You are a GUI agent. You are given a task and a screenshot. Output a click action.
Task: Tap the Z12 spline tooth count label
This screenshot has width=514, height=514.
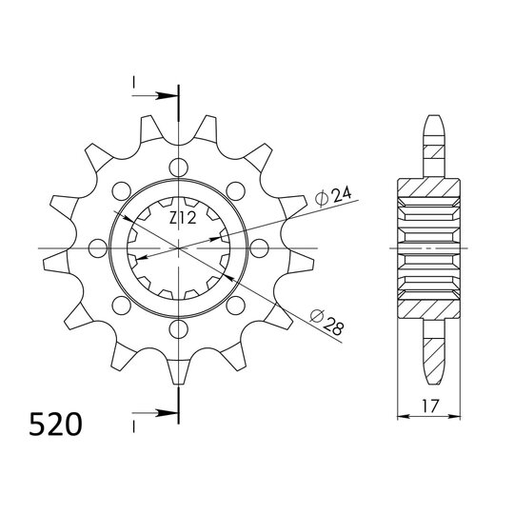coord(183,219)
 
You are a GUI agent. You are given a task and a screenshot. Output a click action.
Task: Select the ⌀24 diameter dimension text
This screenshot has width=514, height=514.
coord(334,196)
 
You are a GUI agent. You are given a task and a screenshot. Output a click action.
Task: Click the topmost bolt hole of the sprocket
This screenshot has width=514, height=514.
coord(178,169)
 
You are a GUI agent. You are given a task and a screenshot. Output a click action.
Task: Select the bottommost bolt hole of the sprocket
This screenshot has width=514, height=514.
coord(178,329)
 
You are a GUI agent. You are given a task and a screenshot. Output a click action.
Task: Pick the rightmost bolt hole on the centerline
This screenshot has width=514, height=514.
coord(258,249)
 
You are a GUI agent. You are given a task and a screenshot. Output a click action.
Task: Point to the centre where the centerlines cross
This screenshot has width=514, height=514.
coord(178,249)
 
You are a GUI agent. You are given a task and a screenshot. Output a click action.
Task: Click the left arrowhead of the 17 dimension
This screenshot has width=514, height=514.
coord(400,414)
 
